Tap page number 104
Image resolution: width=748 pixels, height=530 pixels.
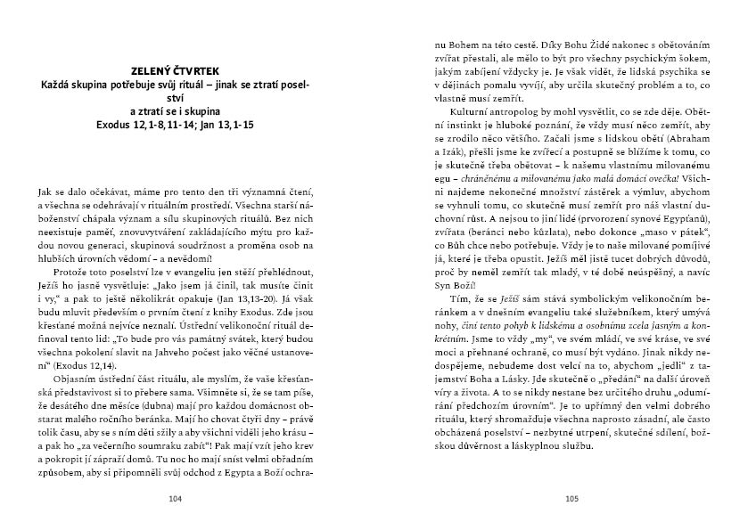pos(174,499)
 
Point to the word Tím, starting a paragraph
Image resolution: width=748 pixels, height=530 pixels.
pos(464,299)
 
